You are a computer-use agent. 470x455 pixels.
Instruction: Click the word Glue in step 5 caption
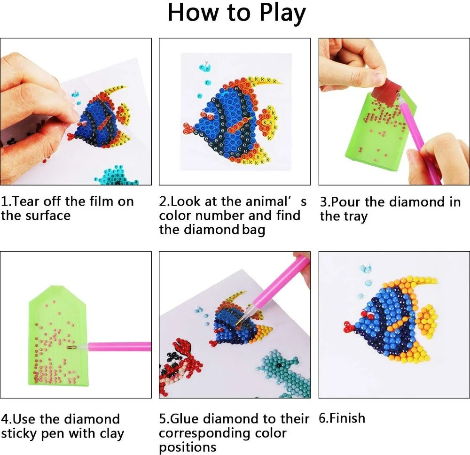[x=191, y=418]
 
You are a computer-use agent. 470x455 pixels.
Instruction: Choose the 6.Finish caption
[x=342, y=418]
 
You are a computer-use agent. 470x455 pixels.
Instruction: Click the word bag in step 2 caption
[x=254, y=230]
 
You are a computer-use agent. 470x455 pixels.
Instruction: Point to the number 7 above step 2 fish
[x=205, y=63]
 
